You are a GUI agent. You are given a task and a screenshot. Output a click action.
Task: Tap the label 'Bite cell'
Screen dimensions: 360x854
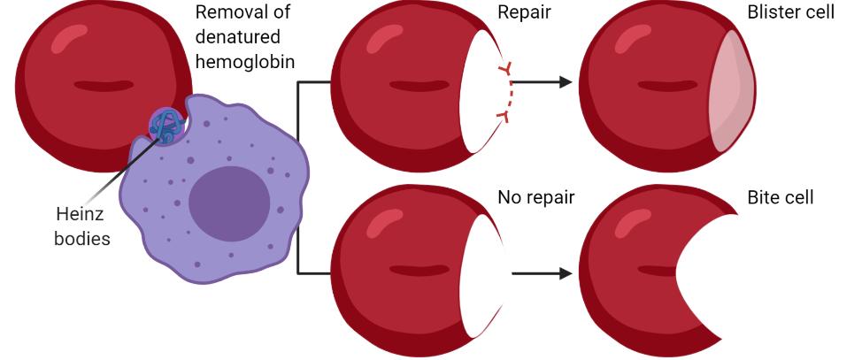(780, 197)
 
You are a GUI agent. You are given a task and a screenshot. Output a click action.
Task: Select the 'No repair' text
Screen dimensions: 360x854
(535, 197)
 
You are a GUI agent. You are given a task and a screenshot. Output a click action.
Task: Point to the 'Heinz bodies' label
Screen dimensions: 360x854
(82, 226)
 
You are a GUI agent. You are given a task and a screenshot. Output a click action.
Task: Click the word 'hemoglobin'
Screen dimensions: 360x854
(245, 61)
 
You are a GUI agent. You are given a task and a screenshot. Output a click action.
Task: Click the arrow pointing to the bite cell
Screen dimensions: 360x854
(542, 273)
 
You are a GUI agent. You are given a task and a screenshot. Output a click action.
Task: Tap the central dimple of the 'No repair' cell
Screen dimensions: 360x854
(419, 270)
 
